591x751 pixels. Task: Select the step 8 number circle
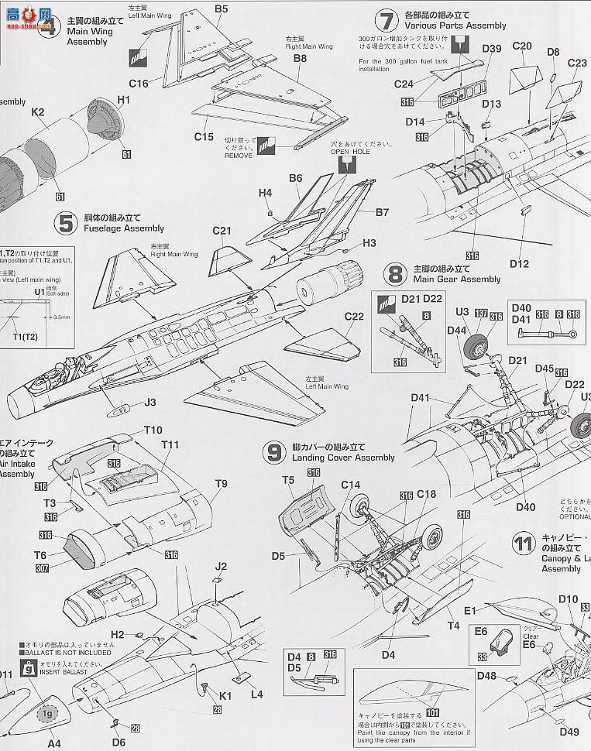[396, 274]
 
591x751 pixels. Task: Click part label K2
[37, 112]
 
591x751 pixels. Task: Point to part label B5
[222, 9]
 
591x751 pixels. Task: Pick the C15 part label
[203, 137]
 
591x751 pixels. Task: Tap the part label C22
[353, 316]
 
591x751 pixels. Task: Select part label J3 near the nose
[150, 402]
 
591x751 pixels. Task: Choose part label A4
[53, 743]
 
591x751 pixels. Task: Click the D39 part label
[491, 49]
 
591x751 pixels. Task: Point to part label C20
[521, 46]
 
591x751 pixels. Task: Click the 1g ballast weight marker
[49, 713]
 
